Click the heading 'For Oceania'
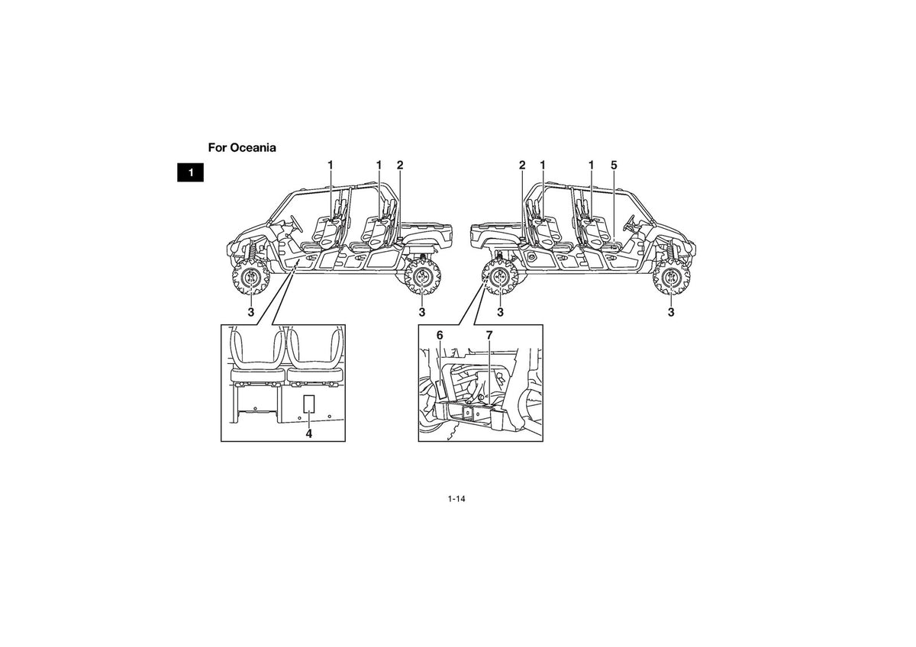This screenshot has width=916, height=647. pos(242,147)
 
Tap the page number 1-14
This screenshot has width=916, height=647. pos(456,499)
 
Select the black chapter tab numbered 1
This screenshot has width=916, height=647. pos(190,172)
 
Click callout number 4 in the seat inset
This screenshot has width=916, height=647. pos(308,433)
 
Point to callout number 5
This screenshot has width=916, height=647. pos(614,165)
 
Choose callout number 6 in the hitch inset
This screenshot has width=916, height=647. pos(440,335)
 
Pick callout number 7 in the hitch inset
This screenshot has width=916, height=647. pos(489,335)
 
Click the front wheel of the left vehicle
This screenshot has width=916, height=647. pos(250,277)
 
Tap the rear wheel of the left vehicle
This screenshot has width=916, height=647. pos(421,277)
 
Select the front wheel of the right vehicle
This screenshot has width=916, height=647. pos(671,277)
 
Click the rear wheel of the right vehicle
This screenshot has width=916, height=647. pos(500,277)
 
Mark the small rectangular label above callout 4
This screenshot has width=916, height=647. pos(308,404)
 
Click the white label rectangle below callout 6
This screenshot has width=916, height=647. pos(441,390)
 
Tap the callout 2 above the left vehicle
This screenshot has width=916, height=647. pos(400,165)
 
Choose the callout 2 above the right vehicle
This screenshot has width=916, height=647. pos(522,165)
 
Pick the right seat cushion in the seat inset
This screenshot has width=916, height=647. pos(314,375)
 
